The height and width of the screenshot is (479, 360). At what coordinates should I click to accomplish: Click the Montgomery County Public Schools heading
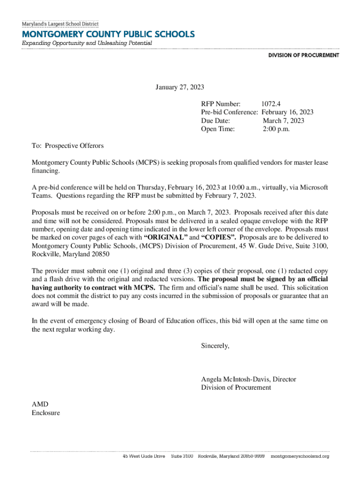tap(108, 34)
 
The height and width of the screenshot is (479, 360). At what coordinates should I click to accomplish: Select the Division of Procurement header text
tap(303, 55)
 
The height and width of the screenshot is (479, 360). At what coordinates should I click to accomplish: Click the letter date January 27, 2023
tap(180, 87)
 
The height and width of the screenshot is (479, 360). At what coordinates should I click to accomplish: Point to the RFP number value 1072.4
tap(271, 104)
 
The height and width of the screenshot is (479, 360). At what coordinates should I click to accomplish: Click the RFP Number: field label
tap(221, 104)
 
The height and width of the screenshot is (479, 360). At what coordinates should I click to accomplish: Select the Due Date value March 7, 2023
tap(283, 121)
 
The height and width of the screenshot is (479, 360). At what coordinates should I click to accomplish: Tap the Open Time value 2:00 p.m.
tap(276, 129)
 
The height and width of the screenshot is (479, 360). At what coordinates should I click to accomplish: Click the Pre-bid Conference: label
tap(230, 112)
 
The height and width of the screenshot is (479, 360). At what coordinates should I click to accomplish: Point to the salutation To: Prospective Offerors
tap(67, 146)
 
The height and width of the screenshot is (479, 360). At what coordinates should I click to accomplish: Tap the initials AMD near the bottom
tap(40, 404)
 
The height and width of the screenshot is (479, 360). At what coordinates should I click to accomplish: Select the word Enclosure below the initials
tap(46, 413)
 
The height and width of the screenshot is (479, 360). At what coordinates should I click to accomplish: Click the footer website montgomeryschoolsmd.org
tap(300, 456)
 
